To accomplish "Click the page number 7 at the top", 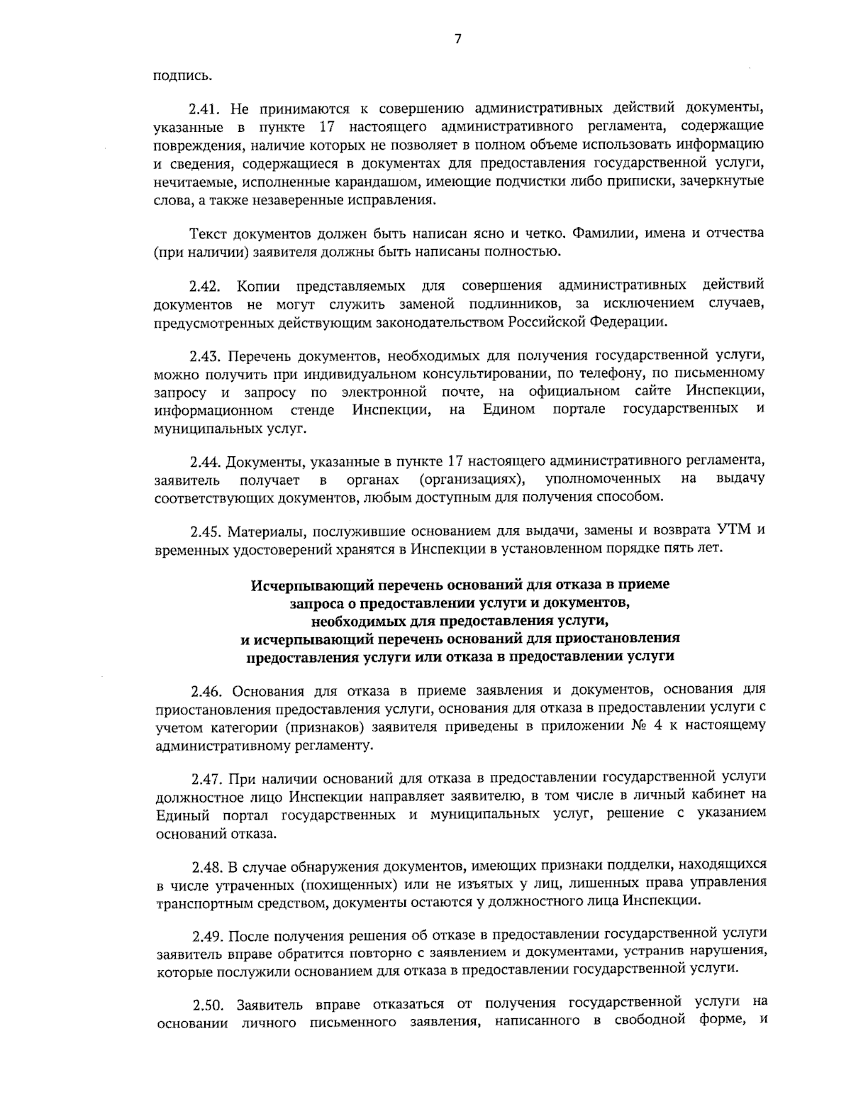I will pos(457,39).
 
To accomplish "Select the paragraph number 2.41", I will pos(206,109).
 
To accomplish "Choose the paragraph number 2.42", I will pos(206,286).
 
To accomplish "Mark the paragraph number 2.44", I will pos(206,462).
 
